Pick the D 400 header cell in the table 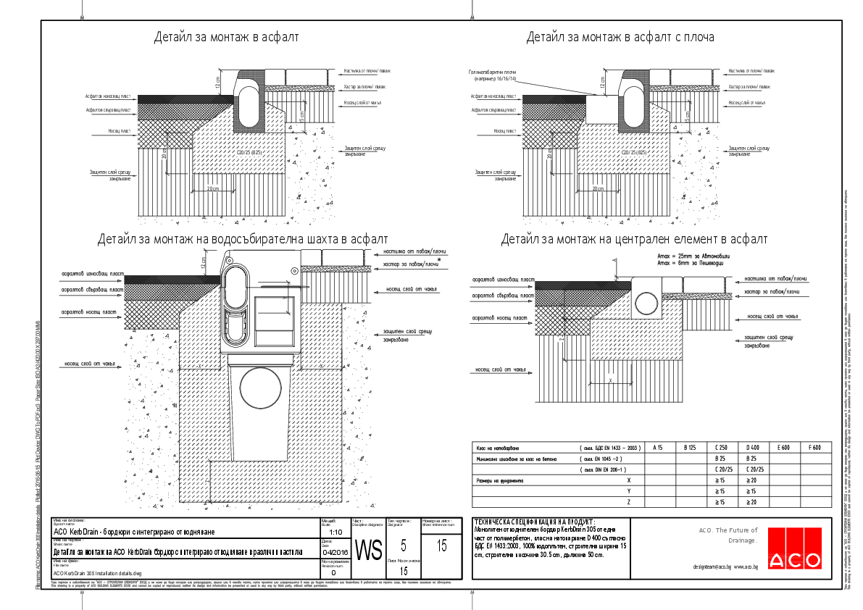click(x=752, y=448)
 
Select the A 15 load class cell click(x=658, y=448)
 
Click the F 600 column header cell click(x=814, y=448)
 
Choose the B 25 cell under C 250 click(x=720, y=459)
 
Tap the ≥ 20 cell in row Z click(x=752, y=502)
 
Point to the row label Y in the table click(x=628, y=491)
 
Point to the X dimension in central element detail click(x=612, y=380)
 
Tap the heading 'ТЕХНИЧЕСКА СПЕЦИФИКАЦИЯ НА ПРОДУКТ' click(x=533, y=522)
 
